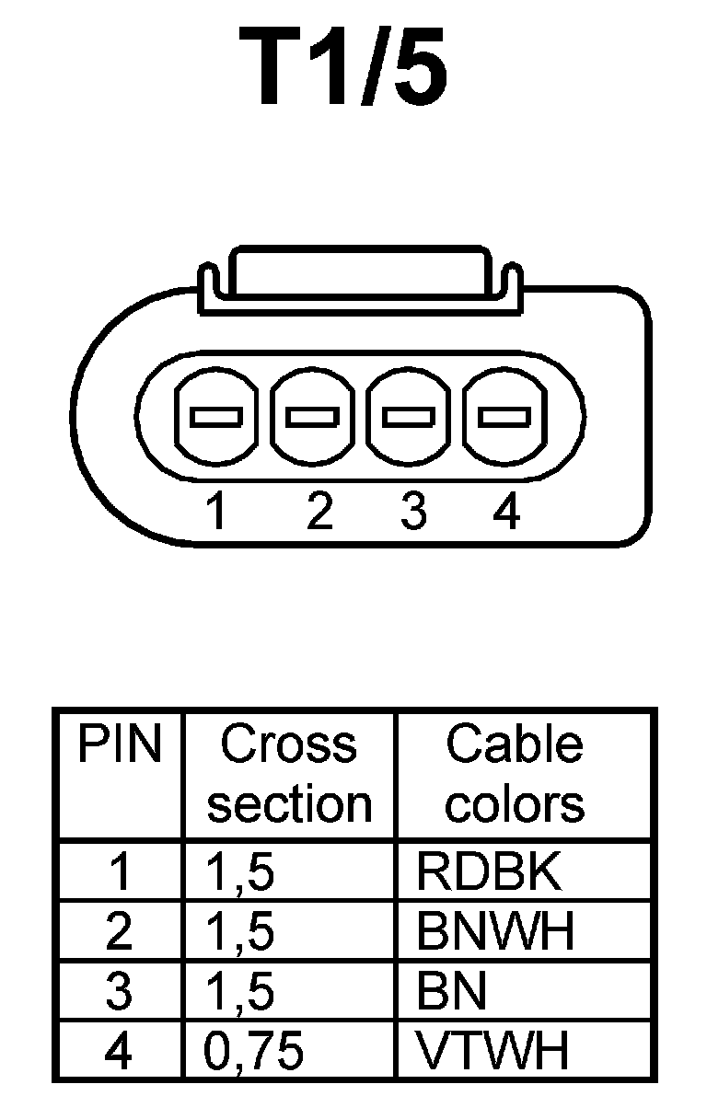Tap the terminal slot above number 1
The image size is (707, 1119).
click(x=216, y=416)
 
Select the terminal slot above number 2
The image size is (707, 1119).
click(x=313, y=416)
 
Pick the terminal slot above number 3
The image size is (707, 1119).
click(x=409, y=416)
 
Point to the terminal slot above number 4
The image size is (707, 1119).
click(x=504, y=416)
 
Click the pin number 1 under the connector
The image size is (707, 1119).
click(x=216, y=511)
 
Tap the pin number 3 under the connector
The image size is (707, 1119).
click(x=413, y=511)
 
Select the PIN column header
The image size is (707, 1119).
click(x=119, y=744)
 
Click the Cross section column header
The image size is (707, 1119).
click(x=289, y=773)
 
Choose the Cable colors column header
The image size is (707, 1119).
click(x=515, y=773)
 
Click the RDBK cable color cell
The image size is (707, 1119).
click(x=489, y=871)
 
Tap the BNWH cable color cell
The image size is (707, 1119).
click(x=495, y=931)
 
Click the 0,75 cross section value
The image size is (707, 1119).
click(x=253, y=1051)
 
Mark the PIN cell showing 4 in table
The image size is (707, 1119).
click(x=119, y=1051)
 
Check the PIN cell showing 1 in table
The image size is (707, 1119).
click(x=119, y=871)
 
